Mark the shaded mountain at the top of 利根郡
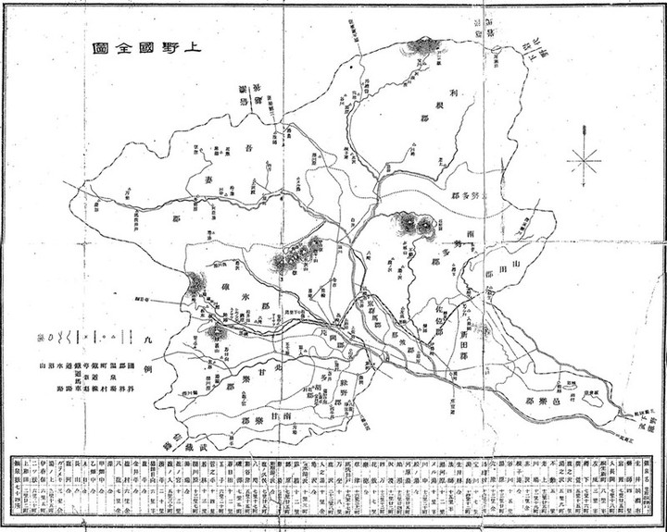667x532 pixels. tap(428, 44)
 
